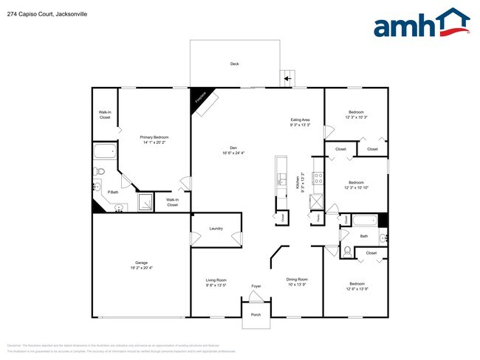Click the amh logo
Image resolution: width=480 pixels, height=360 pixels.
(422, 23)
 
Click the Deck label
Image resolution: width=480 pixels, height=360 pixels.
(234, 64)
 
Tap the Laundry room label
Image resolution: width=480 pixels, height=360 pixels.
(216, 229)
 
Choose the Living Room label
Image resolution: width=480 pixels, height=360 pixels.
(216, 280)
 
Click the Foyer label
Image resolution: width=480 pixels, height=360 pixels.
(256, 285)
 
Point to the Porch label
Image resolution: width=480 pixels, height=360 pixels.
(256, 315)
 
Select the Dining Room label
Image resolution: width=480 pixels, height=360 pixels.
(297, 280)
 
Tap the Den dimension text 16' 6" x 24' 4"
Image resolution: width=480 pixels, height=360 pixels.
(233, 153)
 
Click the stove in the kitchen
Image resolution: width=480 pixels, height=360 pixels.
(318, 178)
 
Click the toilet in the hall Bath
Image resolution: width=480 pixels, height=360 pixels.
(347, 249)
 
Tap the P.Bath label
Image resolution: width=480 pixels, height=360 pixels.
(114, 193)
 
